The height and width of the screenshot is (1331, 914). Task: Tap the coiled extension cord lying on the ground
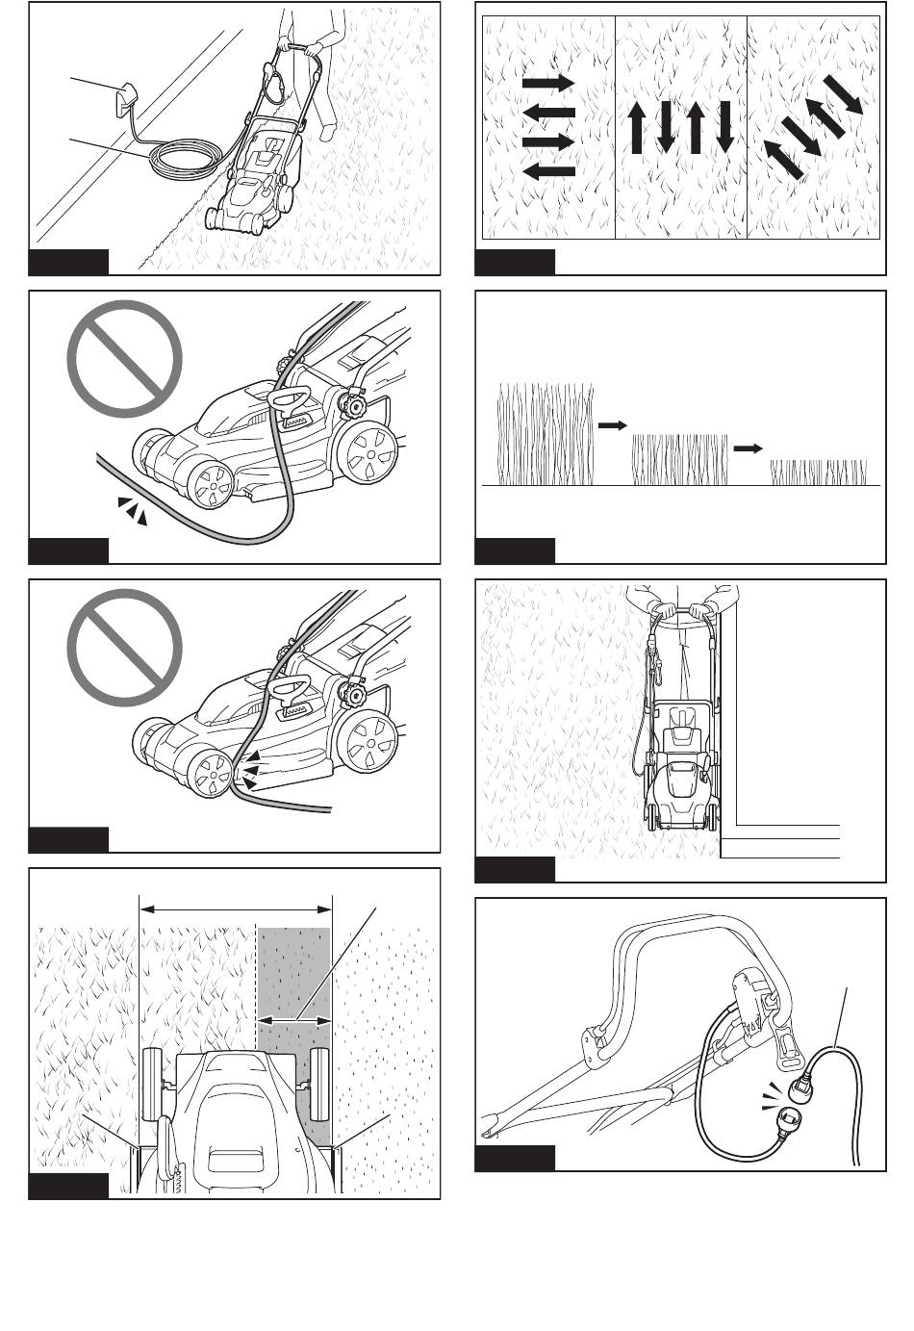[x=188, y=159]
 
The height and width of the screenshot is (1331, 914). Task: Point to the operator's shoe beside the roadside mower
[x=328, y=132]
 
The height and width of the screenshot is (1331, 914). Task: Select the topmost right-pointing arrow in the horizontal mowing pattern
[x=548, y=84]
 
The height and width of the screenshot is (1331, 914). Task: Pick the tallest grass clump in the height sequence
[x=544, y=433]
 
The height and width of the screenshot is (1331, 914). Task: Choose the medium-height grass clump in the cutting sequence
[x=678, y=459]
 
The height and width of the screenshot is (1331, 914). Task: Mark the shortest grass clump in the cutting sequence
[x=819, y=472]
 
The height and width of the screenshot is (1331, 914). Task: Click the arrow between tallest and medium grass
[x=612, y=423]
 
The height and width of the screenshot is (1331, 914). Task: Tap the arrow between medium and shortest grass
[x=748, y=448]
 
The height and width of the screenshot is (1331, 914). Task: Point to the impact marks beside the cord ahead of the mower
[x=132, y=511]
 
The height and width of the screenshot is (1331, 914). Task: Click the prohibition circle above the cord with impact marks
[x=124, y=359]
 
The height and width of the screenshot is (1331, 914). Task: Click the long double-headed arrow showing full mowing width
[x=236, y=907]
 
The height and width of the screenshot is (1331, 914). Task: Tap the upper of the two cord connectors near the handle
[x=800, y=1088]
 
